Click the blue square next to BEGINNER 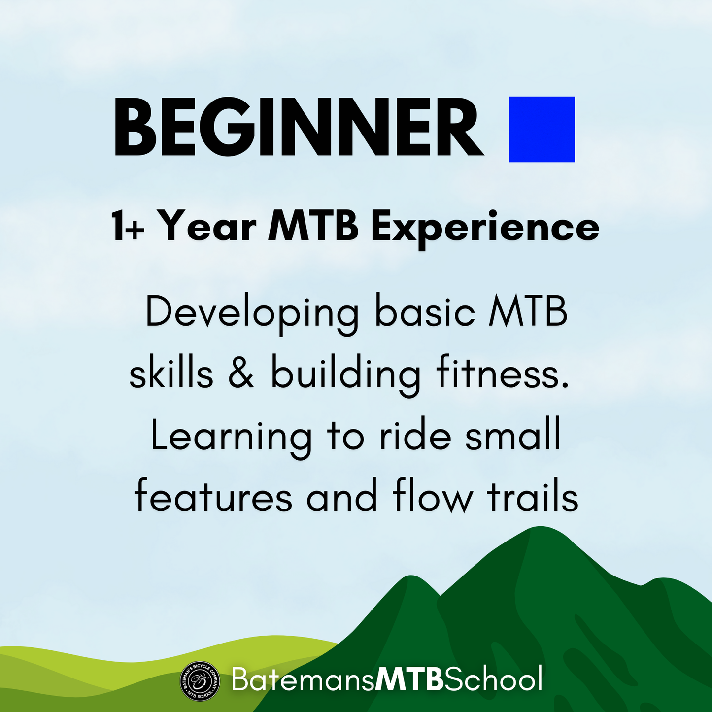[x=542, y=129]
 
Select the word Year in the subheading [x=209, y=226]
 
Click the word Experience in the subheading [x=485, y=229]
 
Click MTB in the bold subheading [x=313, y=226]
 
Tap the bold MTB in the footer [x=409, y=679]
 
